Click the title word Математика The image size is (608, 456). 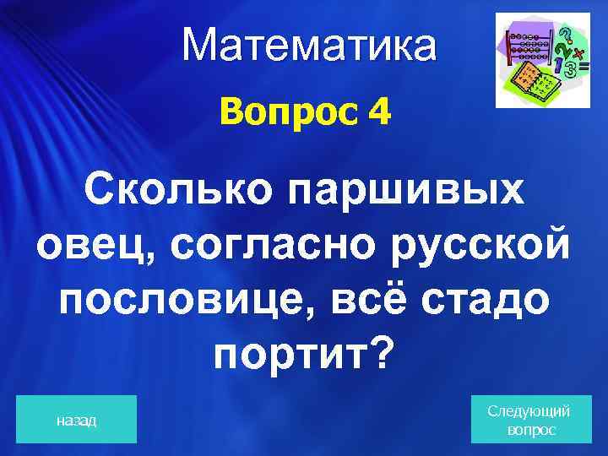point(310,46)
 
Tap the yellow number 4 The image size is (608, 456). point(379,113)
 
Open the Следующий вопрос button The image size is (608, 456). point(529,420)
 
